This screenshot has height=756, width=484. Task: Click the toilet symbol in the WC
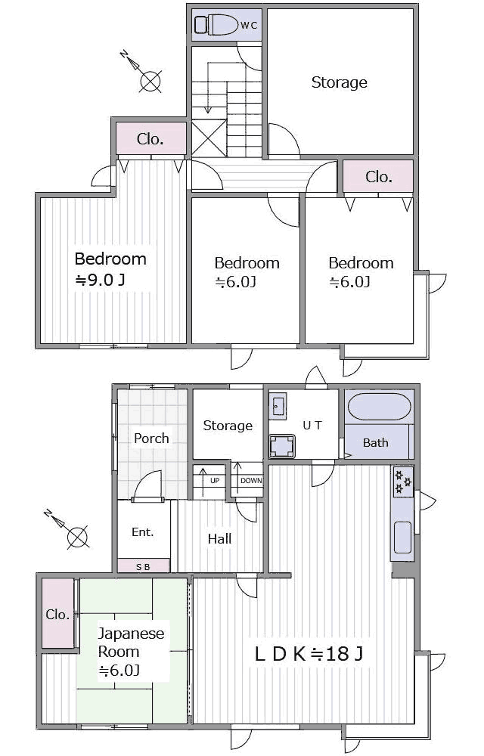tap(216, 25)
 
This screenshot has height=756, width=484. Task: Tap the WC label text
tap(249, 26)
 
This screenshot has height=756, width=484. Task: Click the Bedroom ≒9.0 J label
tap(110, 269)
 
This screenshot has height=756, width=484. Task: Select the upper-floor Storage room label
tap(340, 82)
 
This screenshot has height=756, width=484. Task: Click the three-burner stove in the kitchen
tap(403, 481)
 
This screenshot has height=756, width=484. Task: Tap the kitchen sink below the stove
tap(403, 537)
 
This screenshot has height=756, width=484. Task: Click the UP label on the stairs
tap(215, 481)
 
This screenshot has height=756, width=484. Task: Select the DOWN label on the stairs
tap(251, 481)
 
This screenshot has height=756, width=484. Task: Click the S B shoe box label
tap(143, 567)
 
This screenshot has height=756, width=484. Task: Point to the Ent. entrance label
tap(143, 532)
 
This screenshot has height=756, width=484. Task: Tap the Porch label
tap(151, 438)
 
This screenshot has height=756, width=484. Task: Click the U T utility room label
tap(312, 425)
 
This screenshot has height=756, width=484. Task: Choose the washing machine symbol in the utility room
tap(282, 446)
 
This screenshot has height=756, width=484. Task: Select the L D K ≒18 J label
tap(309, 654)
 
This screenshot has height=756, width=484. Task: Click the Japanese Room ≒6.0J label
tap(131, 652)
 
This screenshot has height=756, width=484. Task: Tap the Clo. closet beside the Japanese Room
tap(57, 614)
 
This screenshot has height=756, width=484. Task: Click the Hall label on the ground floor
tap(220, 539)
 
